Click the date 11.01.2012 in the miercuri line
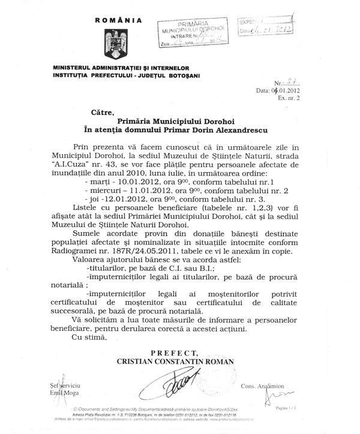coord(146,206)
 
